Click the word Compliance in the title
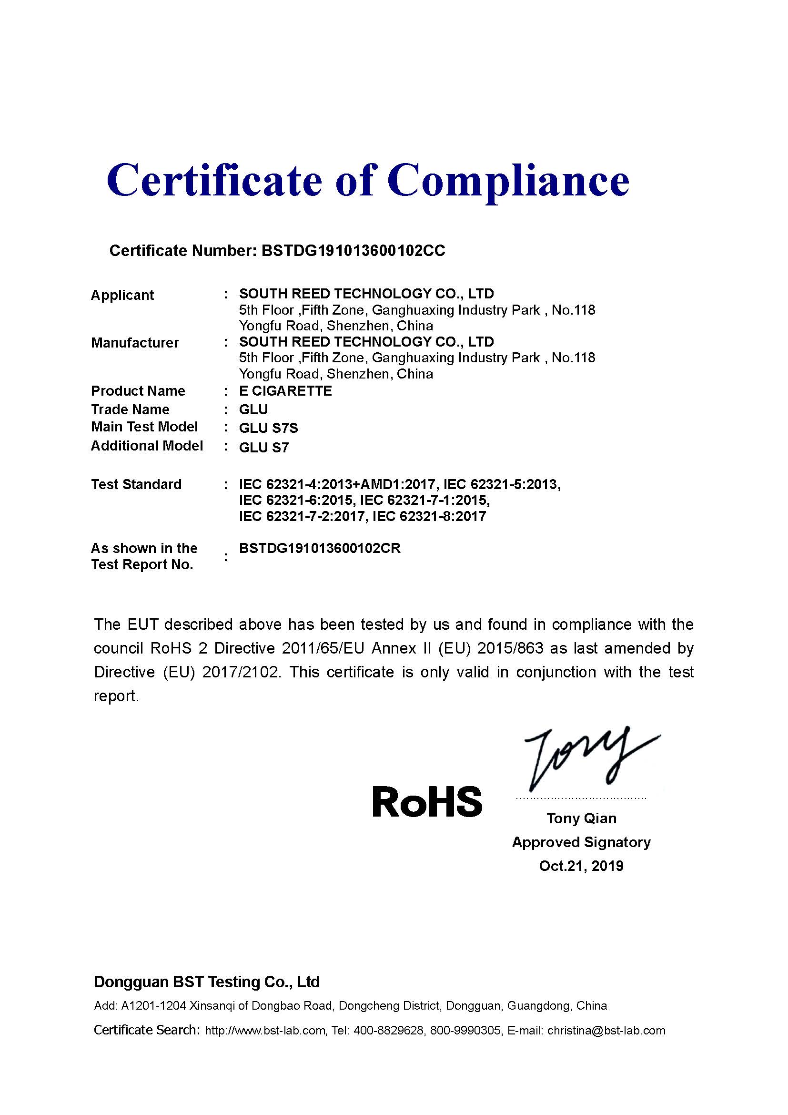(x=508, y=181)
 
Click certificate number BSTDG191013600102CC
(x=353, y=251)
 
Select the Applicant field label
(x=122, y=295)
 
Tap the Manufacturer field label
(x=135, y=343)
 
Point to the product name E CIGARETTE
(x=285, y=391)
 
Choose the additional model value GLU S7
(x=263, y=447)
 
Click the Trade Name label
(x=130, y=409)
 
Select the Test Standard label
(x=136, y=484)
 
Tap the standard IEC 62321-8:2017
(x=429, y=516)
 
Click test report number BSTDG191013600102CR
(x=320, y=548)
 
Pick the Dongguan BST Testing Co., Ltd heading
(x=207, y=982)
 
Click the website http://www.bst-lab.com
(x=265, y=1031)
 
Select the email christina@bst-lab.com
(x=606, y=1031)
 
